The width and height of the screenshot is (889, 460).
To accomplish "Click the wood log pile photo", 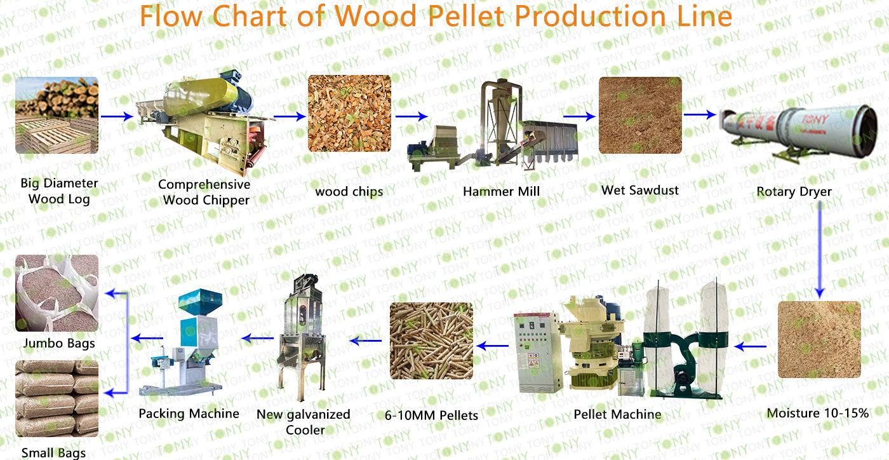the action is [57, 115].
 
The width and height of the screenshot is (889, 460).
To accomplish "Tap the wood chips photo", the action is [349, 114].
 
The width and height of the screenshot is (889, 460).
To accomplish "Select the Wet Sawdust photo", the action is [640, 115].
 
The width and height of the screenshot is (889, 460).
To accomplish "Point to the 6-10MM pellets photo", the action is [431, 341].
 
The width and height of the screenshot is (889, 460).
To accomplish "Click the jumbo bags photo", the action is [57, 293].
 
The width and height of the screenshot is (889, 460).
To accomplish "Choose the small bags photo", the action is [57, 398].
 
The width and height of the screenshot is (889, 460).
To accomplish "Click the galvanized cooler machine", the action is [302, 337].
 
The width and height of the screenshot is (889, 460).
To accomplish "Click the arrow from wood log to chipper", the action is [117, 116].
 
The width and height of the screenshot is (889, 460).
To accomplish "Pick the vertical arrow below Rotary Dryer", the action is [820, 250].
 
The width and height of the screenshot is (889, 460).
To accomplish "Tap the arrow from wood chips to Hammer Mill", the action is [411, 116].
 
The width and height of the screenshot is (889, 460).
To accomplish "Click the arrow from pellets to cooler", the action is [365, 341].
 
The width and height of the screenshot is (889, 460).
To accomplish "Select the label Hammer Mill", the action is [501, 191].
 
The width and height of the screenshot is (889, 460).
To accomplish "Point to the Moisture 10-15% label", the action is [818, 413].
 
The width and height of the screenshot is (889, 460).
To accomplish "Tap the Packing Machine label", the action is [189, 414].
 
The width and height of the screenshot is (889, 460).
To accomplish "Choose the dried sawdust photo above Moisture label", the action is [819, 340].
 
